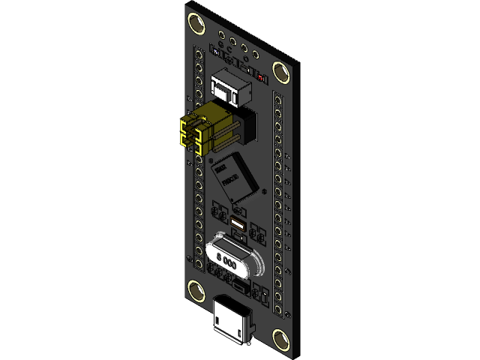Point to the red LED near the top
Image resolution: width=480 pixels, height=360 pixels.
[260, 77]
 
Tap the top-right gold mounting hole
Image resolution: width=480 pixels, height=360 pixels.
[282, 72]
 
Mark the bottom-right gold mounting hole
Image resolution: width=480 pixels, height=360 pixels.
[282, 340]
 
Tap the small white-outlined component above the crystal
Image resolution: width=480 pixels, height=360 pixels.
[238, 225]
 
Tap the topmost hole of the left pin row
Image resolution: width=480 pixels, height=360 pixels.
[199, 54]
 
